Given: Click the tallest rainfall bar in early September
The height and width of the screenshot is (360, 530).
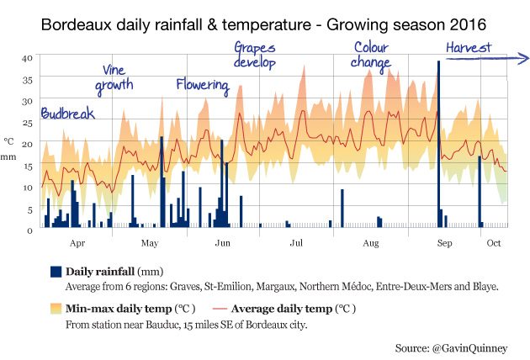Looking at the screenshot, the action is tap(438, 144).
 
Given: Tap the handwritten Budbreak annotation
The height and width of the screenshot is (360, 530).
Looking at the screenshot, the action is tap(67, 114).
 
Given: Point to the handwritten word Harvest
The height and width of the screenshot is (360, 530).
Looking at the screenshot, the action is tap(469, 47).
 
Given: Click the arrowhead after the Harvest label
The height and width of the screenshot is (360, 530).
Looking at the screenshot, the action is tap(525, 58).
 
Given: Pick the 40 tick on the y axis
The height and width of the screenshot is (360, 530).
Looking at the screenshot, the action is tap(27, 58).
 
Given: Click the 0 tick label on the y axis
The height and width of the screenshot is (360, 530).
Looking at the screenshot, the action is tap(29, 230).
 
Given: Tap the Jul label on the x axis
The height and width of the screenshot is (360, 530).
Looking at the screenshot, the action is tap(296, 243).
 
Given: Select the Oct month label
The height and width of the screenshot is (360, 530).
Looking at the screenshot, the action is tap(494, 243).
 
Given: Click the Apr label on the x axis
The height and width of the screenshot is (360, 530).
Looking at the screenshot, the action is tap(77, 243).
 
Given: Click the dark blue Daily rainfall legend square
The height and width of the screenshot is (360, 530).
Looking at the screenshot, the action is tap(56, 272).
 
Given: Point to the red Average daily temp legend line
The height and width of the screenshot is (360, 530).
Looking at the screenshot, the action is tap(220, 309).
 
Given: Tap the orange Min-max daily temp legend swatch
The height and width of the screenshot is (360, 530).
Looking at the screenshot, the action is tap(56, 309).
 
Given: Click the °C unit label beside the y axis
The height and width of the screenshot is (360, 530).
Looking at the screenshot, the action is tap(8, 141).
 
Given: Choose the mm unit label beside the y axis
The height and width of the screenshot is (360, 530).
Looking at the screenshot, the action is tap(8, 156).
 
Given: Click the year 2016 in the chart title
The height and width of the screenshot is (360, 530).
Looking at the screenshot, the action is tap(468, 24).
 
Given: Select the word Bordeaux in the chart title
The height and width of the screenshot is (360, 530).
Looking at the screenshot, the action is tap(76, 24).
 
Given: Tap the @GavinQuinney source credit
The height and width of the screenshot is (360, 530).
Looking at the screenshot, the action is tap(469, 348).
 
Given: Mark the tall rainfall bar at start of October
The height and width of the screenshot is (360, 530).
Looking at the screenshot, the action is tap(480, 191).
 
